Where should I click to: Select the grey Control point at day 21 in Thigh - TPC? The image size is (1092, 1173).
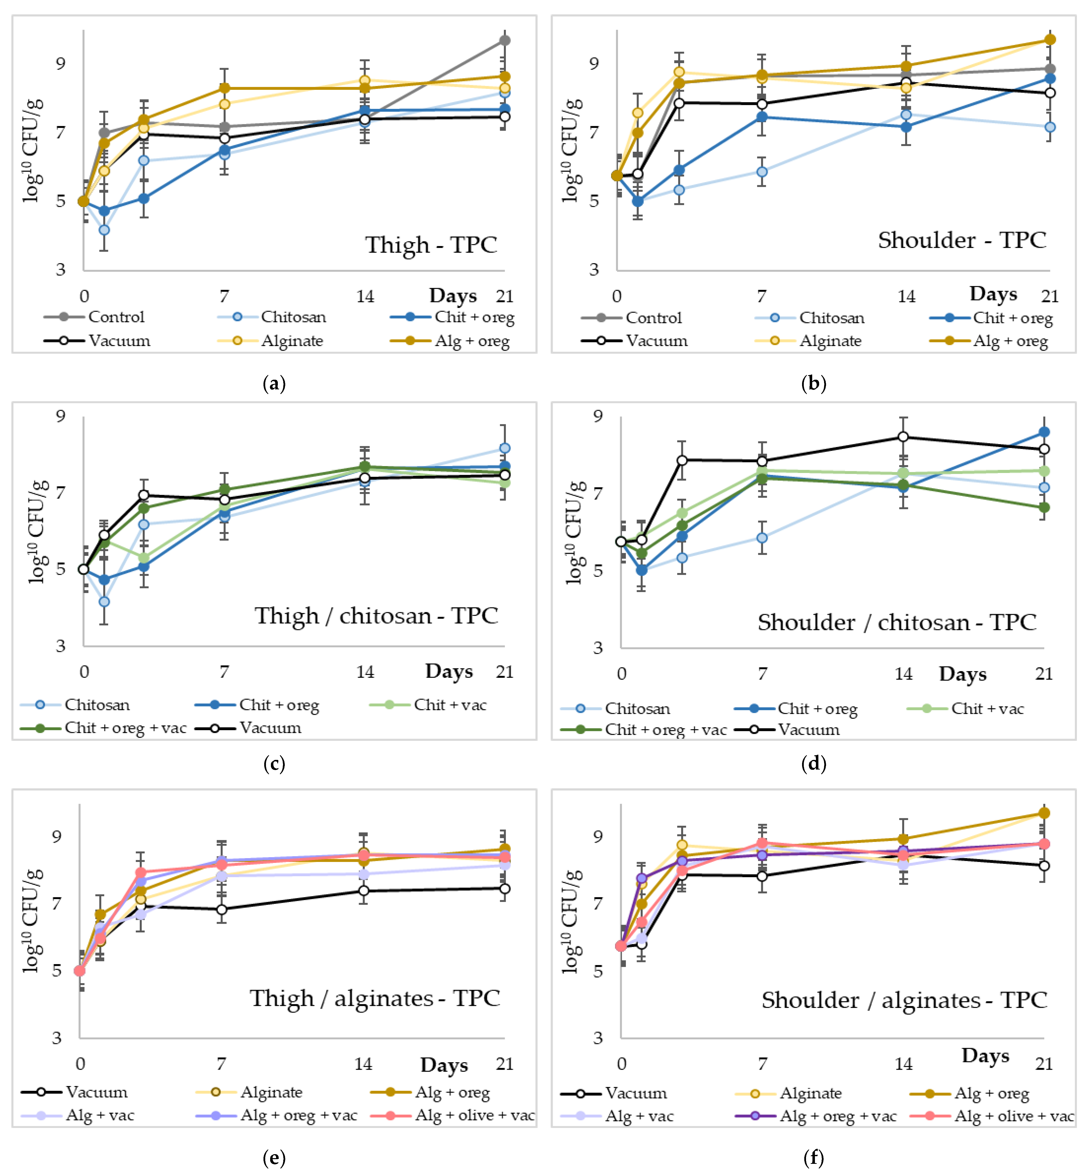pyautogui.click(x=505, y=40)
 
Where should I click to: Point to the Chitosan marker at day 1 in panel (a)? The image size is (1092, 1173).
pyautogui.click(x=104, y=229)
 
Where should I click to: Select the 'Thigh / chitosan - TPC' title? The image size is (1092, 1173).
pyautogui.click(x=376, y=615)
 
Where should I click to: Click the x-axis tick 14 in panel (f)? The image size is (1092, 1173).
pyautogui.click(x=903, y=1064)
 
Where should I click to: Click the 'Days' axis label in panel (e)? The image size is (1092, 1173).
pyautogui.click(x=444, y=1065)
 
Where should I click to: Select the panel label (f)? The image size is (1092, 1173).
pyautogui.click(x=814, y=1158)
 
